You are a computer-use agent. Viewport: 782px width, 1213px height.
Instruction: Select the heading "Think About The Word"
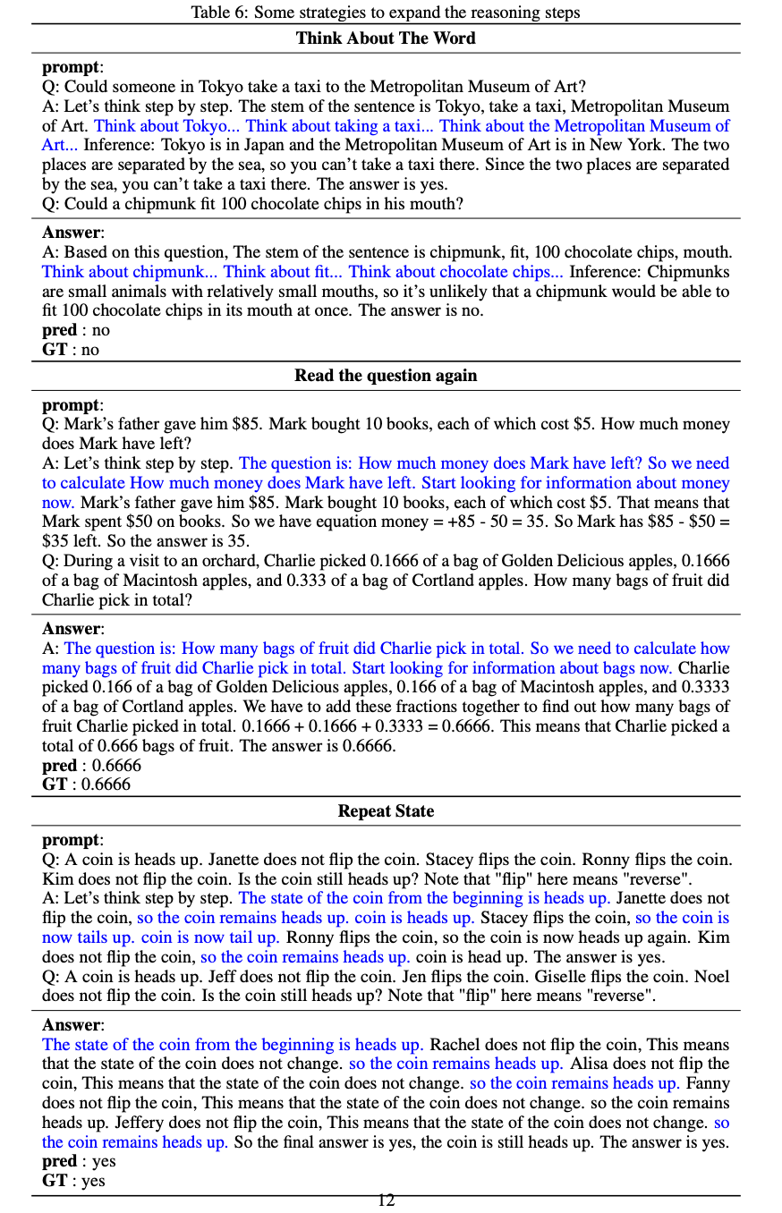click(x=386, y=38)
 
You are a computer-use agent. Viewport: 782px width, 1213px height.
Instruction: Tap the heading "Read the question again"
click(x=386, y=376)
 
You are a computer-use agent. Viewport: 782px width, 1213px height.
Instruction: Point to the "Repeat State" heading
click(x=386, y=811)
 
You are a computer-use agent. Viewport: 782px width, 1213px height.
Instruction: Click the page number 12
click(x=386, y=1200)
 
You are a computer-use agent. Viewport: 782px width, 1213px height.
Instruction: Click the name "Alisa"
click(x=588, y=1065)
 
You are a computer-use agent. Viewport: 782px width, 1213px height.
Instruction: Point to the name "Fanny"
click(x=707, y=1083)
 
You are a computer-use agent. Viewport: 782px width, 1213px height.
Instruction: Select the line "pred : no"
click(x=76, y=330)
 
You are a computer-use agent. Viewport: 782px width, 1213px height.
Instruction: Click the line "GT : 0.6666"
click(x=86, y=785)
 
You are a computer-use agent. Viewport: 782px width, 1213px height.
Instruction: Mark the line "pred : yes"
click(x=79, y=1161)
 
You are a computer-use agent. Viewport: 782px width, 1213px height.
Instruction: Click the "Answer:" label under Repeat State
click(x=73, y=1025)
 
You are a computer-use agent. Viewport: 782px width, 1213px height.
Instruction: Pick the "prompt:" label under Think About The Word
click(x=72, y=67)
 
